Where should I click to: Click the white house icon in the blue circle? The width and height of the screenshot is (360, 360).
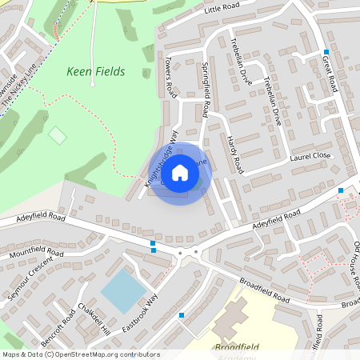[x=180, y=172]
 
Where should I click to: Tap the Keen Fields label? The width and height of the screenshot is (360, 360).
[x=95, y=72]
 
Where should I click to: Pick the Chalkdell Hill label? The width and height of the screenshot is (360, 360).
[x=94, y=319]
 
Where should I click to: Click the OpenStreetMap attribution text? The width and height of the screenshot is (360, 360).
[x=81, y=354]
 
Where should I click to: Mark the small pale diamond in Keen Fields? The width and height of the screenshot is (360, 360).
[x=58, y=135]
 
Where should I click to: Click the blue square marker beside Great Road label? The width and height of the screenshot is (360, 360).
[x=326, y=51]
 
